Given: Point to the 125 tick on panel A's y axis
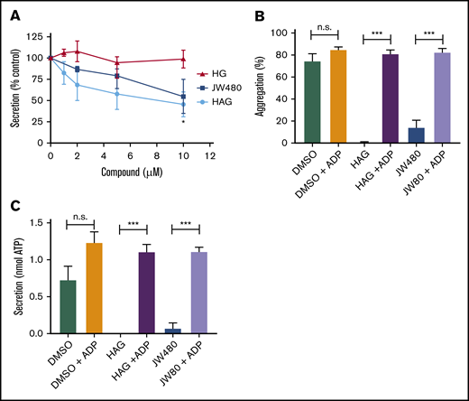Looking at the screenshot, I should [34, 37].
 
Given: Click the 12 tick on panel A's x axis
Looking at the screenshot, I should [210, 157].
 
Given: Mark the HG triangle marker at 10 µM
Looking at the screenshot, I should [183, 60].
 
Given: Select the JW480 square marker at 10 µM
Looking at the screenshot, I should [183, 97].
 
